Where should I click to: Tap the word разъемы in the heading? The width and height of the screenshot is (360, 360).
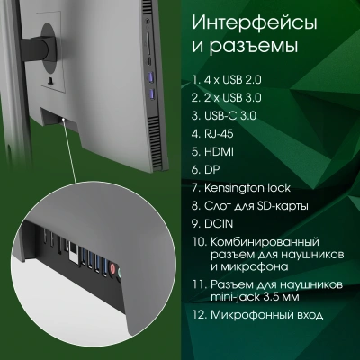tap(251, 44)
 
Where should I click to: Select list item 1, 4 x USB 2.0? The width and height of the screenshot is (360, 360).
tap(236, 79)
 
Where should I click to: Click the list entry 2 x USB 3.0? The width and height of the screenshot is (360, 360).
tap(237, 97)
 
